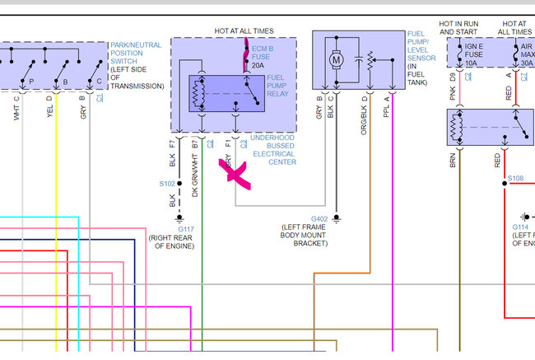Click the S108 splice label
coord(515,178)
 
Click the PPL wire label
coord(387,110)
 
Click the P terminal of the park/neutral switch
coord(31,82)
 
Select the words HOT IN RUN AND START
coord(458,28)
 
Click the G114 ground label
coord(520,227)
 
